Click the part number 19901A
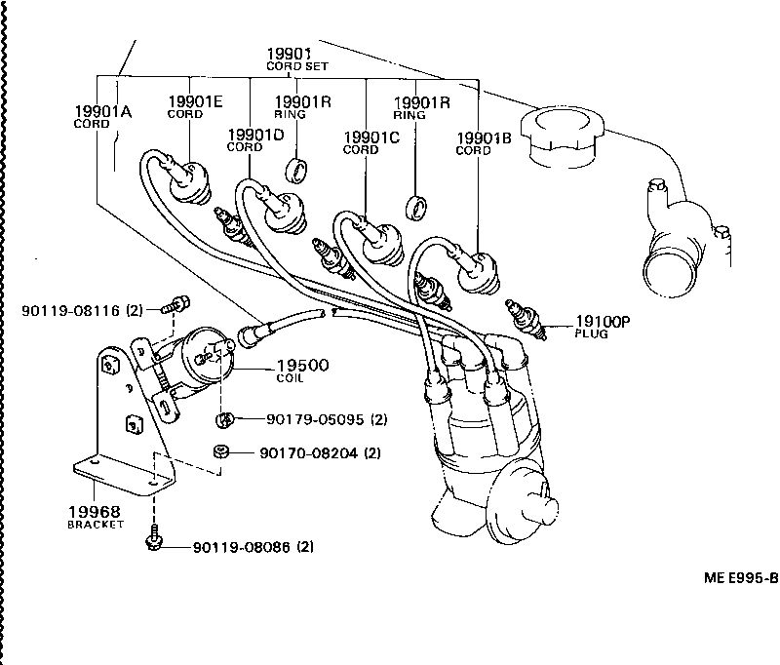102,111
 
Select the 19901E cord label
196,101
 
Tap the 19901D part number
255,135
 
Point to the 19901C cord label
371,137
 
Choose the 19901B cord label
484,138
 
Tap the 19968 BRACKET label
95,512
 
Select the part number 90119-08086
239,546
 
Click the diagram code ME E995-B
740,577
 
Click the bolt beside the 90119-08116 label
176,304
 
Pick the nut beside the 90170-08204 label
222,451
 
